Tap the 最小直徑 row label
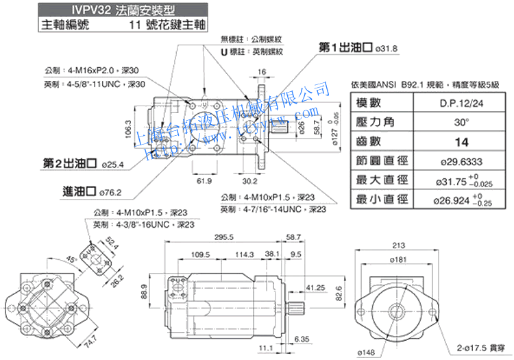pos(382,200)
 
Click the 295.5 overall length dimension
pos(223,237)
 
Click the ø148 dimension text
pos(366,352)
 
